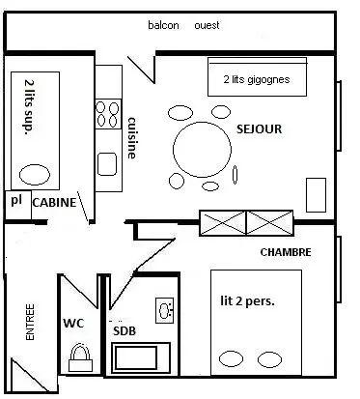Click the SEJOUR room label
(259, 129)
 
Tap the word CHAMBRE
(286, 252)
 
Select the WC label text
(73, 323)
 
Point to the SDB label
(125, 331)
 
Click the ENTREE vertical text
(30, 322)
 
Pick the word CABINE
(54, 203)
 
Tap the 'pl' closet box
(17, 205)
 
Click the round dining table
(202, 150)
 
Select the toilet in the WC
(80, 357)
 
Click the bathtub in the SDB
(141, 357)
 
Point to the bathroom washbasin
(165, 310)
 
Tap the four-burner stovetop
(108, 114)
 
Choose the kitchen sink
(107, 164)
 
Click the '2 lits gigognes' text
(257, 79)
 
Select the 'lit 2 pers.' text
(247, 301)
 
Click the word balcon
(163, 25)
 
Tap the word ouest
(207, 25)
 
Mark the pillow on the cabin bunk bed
(35, 175)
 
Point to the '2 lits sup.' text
(30, 107)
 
